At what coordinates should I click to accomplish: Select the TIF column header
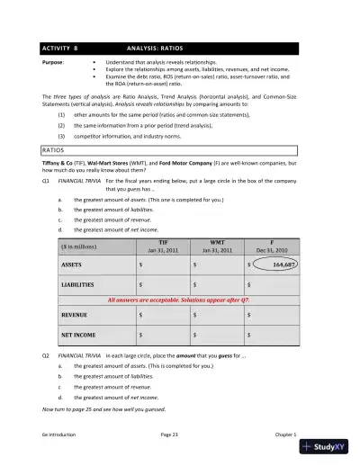pos(162,245)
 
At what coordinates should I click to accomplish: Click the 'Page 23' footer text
pos(171,434)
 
